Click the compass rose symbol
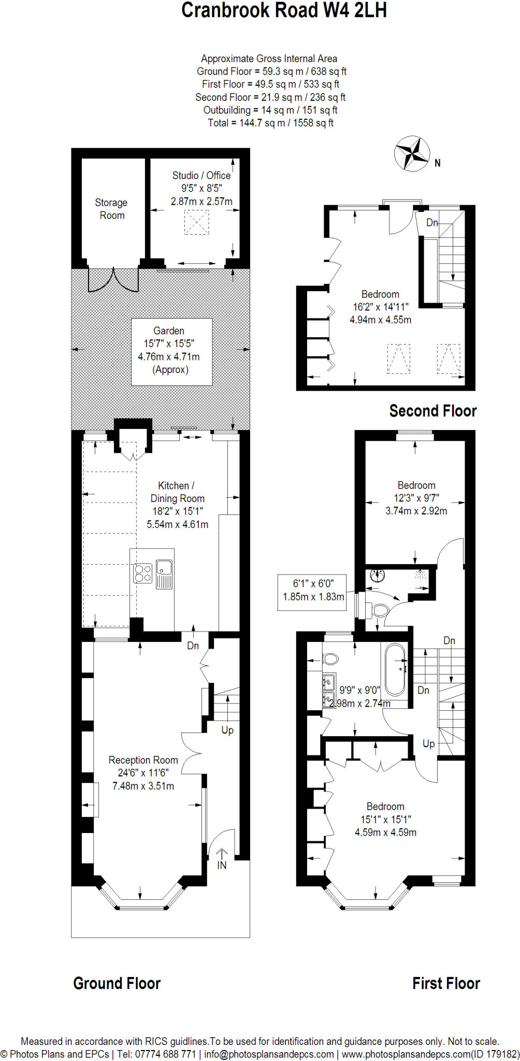[412, 153]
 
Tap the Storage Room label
[111, 209]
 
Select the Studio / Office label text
[201, 175]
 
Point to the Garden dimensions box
[171, 352]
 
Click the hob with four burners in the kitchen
[143, 573]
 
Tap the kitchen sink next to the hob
[164, 574]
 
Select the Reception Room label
[143, 760]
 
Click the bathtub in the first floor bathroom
[395, 669]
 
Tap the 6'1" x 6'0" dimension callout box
[312, 592]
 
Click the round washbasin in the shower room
[377, 576]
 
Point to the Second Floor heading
[432, 411]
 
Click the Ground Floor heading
[117, 983]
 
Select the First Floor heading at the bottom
[446, 983]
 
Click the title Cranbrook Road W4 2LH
[284, 10]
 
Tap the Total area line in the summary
[270, 123]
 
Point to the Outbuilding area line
[270, 110]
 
